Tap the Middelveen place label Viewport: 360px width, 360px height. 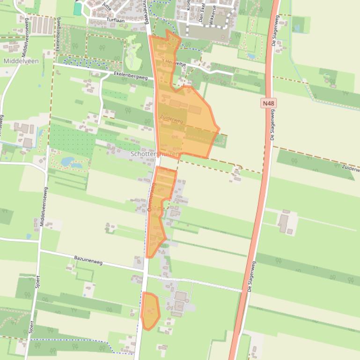pyautogui.click(x=21, y=61)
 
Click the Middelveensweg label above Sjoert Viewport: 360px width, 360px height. pyautogui.click(x=43, y=207)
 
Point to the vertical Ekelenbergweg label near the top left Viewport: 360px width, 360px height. pyautogui.click(x=58, y=37)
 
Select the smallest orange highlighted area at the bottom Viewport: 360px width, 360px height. pyautogui.click(x=150, y=310)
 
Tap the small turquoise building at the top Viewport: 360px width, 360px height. pyautogui.click(x=77, y=9)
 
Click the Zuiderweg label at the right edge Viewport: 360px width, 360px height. pyautogui.click(x=350, y=167)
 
